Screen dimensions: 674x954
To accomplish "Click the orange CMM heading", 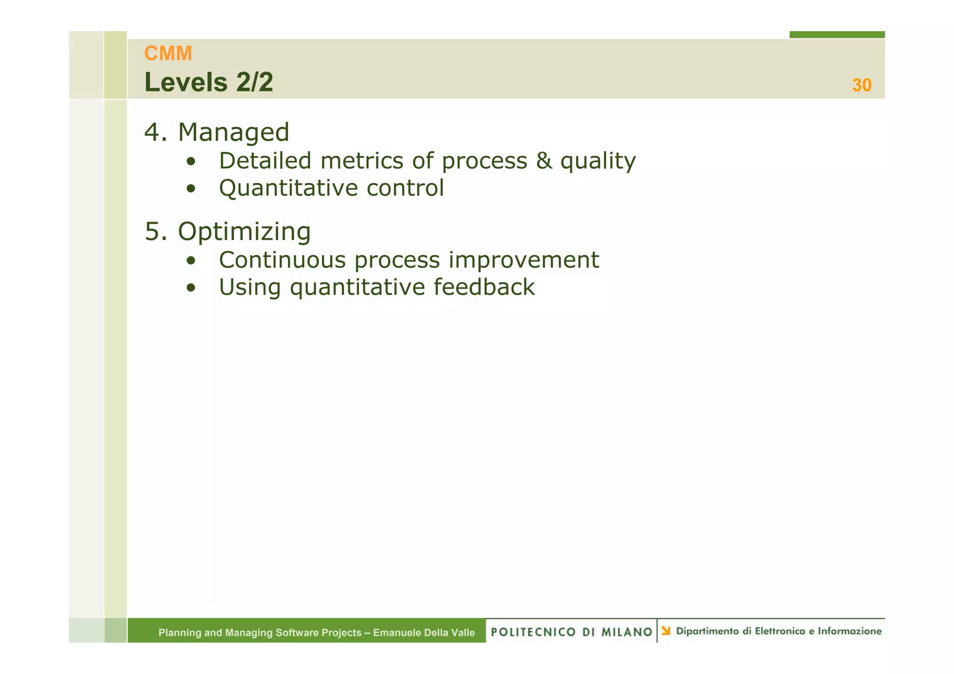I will tap(168, 54).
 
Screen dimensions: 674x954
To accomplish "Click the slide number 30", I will tap(861, 85).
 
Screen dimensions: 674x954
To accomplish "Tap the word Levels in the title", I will tap(186, 83).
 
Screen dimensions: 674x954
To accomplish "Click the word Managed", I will tap(233, 132).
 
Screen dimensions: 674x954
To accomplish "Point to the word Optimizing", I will tap(244, 231).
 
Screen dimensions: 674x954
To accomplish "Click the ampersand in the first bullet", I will tap(544, 161).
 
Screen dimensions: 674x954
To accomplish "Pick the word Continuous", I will tap(282, 260).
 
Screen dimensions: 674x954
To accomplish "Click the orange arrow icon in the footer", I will tap(666, 631).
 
